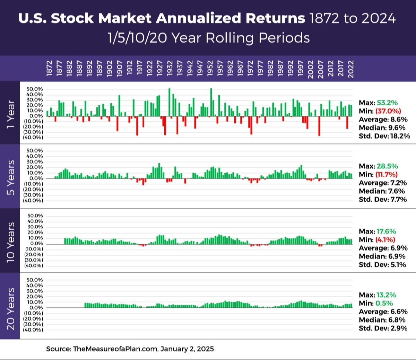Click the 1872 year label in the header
click(49, 68)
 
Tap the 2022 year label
click(351, 69)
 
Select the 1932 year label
click(170, 68)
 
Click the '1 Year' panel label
click(11, 114)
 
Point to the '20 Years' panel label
click(11, 308)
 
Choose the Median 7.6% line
click(382, 191)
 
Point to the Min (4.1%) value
click(385, 240)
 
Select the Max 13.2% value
click(386, 295)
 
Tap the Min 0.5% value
click(384, 304)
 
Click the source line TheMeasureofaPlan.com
click(130, 349)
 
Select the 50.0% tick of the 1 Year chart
click(35, 89)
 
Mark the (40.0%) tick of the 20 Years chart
click(33, 330)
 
